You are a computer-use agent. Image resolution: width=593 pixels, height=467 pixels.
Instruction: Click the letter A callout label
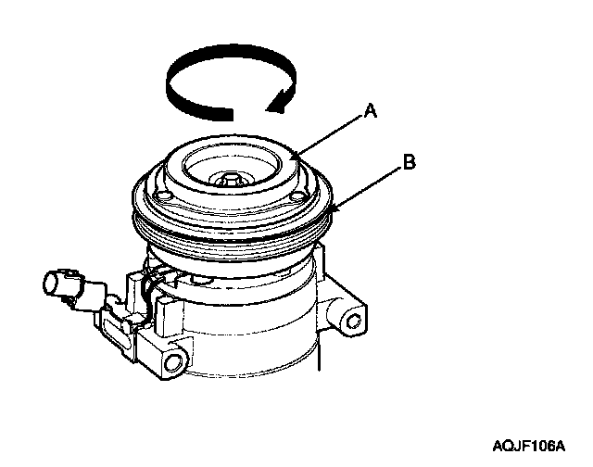371,111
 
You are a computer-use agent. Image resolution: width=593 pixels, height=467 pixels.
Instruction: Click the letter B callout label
410,162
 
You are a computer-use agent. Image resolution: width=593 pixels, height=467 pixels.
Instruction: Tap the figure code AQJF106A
528,447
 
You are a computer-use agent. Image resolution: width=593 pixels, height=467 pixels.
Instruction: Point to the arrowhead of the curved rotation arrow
279,100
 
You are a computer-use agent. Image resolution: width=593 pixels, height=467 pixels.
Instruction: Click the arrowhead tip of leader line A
290,156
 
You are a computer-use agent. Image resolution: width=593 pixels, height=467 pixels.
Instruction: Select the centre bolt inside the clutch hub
230,179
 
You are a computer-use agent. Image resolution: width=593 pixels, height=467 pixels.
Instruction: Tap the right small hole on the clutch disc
297,196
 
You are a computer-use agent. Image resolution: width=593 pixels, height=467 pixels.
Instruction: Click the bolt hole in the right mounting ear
353,322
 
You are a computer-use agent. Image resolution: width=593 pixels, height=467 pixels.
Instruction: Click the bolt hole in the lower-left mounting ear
173,363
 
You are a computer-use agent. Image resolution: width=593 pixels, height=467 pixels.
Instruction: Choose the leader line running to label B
366,188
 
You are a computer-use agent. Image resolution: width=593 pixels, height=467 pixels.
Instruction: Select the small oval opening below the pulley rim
201,280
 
